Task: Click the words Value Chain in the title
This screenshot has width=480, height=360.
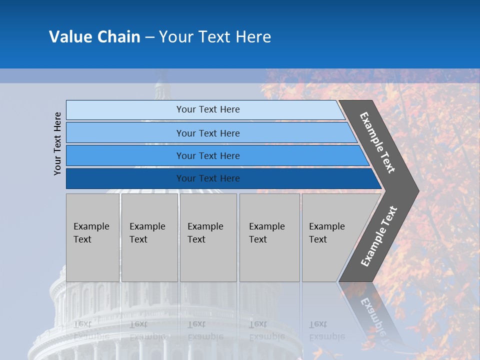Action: click(x=94, y=37)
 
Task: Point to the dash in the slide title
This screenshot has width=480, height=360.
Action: click(x=149, y=37)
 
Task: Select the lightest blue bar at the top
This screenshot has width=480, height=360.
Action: click(x=125, y=109)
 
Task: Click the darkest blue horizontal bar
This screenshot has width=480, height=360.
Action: click(x=125, y=178)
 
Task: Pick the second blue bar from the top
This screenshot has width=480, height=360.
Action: click(x=125, y=133)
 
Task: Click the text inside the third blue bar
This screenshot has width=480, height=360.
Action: click(x=208, y=156)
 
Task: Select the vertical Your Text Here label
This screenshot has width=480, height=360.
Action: click(x=57, y=143)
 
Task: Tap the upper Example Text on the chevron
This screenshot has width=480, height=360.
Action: click(x=377, y=142)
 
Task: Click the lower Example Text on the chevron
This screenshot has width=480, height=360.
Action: click(x=378, y=236)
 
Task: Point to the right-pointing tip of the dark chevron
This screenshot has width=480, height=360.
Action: click(x=416, y=190)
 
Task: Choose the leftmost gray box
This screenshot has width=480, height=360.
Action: click(x=92, y=237)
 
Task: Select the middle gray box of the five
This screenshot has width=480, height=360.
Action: click(x=208, y=237)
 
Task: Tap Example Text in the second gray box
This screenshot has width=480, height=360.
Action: click(x=147, y=232)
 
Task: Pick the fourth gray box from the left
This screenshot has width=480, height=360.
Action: click(x=269, y=237)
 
